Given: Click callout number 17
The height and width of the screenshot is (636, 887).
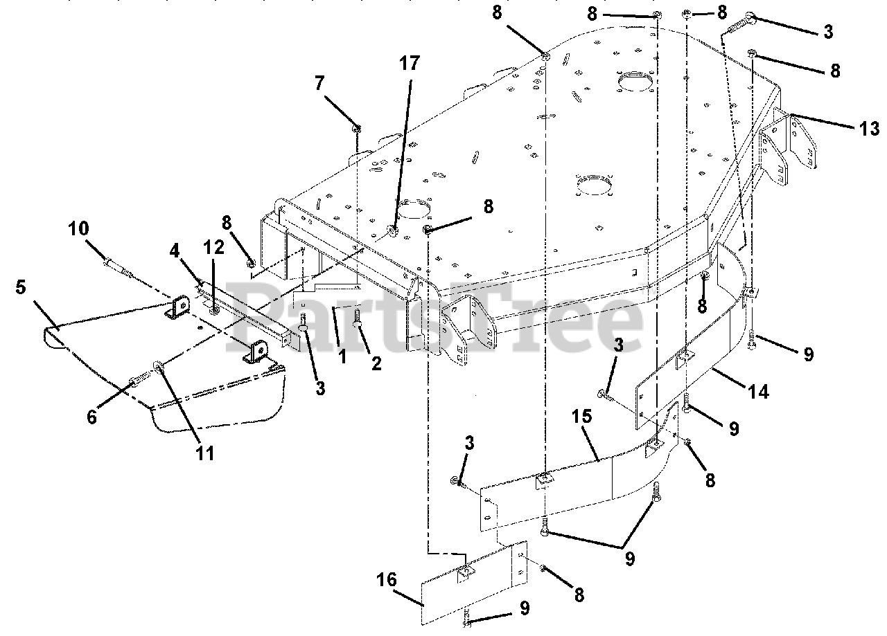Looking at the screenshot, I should tap(410, 64).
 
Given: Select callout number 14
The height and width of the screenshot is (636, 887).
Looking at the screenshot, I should tap(759, 392).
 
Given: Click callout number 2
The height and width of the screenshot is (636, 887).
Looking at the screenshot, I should tap(376, 363).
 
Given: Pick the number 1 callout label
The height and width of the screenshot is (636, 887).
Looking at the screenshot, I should tap(342, 358).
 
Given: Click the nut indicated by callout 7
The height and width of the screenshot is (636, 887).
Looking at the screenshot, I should tap(357, 128).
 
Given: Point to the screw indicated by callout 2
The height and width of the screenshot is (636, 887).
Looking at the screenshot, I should tap(358, 318).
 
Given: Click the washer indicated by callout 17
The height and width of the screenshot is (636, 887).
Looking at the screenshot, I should tap(393, 231).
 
